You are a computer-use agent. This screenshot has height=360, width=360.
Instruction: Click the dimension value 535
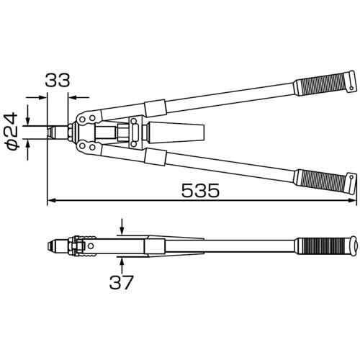[200, 190]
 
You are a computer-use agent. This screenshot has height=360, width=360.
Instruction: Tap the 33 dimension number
[58, 80]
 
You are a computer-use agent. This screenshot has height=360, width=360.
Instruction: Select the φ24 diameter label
[12, 131]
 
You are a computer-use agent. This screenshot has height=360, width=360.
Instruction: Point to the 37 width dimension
[121, 282]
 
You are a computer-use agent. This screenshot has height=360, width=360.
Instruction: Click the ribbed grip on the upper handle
[322, 84]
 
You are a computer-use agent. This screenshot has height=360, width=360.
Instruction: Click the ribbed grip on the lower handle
[322, 181]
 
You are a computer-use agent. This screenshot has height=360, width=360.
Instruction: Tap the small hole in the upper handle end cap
[351, 89]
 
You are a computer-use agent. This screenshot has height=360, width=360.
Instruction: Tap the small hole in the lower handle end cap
[352, 177]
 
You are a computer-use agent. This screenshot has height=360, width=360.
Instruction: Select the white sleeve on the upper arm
[156, 109]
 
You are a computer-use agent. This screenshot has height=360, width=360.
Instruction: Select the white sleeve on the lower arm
[156, 157]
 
